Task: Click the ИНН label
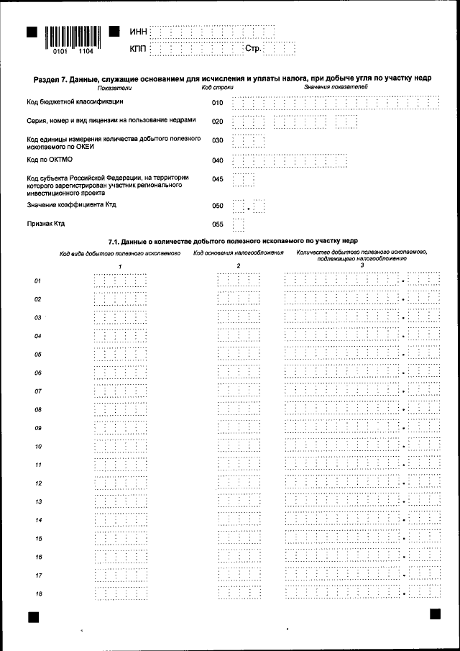138,32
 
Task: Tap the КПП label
138,49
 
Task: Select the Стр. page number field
280,49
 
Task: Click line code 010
217,103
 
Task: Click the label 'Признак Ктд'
46,224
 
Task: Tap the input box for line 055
239,224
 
